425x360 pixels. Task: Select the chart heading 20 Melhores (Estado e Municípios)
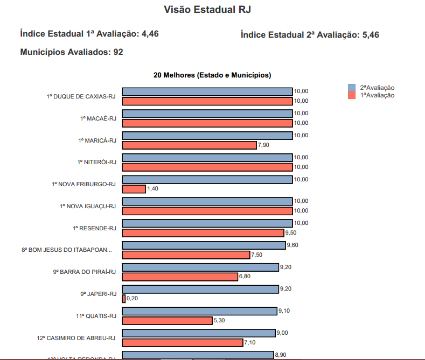point(212,75)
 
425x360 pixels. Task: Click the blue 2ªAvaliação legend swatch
point(352,88)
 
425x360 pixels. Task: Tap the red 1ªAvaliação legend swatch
point(352,95)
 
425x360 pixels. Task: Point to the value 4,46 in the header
point(150,34)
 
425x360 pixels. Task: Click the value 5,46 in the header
point(371,35)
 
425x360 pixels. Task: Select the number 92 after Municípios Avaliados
point(119,52)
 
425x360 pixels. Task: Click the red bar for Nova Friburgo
point(134,189)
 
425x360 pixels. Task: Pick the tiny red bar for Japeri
point(124,299)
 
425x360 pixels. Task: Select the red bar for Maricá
point(189,145)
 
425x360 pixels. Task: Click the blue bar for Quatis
point(199,311)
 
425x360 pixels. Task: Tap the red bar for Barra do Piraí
point(180,277)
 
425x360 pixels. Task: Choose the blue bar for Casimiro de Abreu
point(198,333)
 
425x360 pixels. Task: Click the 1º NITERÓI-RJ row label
point(96,162)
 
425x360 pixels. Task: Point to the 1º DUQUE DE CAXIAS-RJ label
point(81,96)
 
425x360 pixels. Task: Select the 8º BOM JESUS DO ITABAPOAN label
point(67,250)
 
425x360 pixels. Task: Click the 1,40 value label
point(153,189)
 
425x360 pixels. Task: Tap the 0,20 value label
point(132,299)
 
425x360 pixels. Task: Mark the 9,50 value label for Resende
point(291,233)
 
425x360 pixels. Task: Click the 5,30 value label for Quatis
point(219,321)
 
